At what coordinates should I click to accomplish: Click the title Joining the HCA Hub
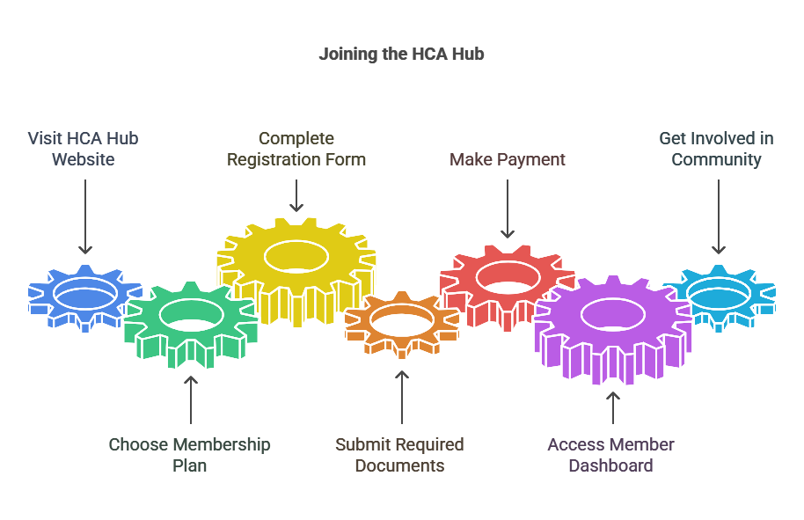401,55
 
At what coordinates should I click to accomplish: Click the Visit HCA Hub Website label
84,149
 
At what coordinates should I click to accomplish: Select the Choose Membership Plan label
189,454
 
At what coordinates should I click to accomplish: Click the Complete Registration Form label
296,149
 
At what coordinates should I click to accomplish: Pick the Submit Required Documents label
399,454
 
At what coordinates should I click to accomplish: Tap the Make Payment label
508,159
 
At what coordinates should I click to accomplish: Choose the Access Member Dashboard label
610,454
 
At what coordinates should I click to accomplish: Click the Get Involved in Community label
717,149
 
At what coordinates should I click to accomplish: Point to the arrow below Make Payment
508,209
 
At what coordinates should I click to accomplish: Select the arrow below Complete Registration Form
296,195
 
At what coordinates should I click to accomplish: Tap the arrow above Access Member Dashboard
612,408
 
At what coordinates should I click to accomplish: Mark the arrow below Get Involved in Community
718,216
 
